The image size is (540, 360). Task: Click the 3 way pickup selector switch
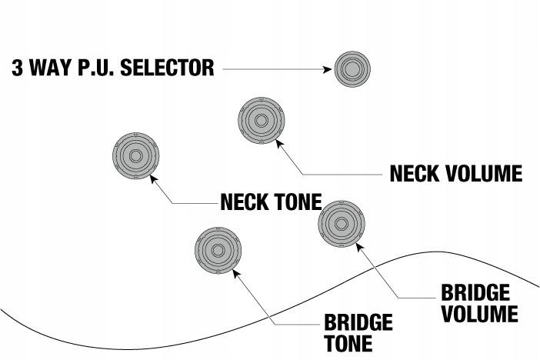[x=352, y=69]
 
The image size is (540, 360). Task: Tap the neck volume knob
[x=262, y=121]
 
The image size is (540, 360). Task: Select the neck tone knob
[x=135, y=156]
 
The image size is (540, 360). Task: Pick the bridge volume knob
[x=341, y=224]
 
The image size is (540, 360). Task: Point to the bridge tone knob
[x=217, y=250]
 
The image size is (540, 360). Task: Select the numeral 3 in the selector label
[x=17, y=68]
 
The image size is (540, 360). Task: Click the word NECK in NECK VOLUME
[x=415, y=174]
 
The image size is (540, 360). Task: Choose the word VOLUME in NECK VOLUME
[x=484, y=174]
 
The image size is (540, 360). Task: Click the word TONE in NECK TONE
[x=298, y=202]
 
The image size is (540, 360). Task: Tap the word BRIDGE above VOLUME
[x=475, y=293]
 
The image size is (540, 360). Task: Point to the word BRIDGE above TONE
[x=358, y=322]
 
